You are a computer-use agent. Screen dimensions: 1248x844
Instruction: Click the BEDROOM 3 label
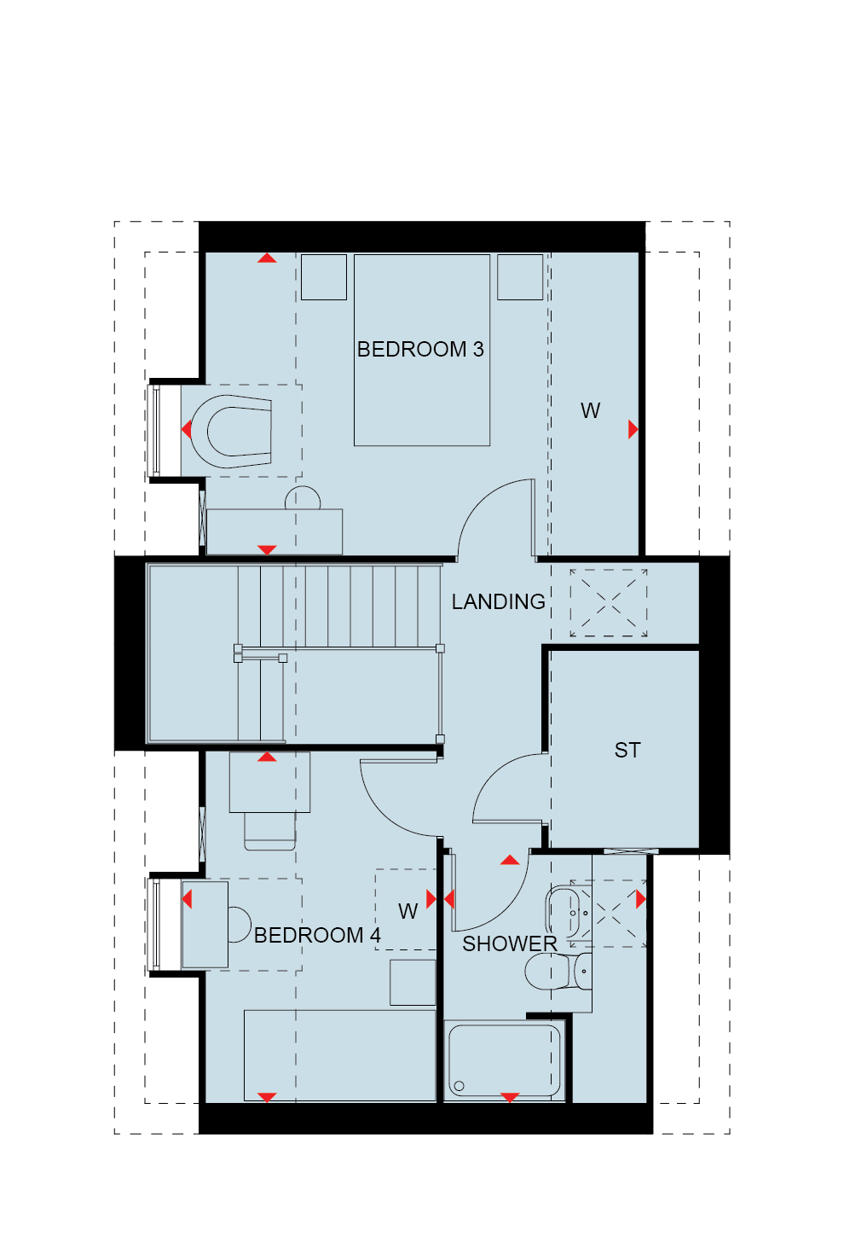point(420,350)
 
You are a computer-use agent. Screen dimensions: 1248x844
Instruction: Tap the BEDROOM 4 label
point(316,936)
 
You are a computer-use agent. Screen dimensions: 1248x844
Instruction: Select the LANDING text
point(498,602)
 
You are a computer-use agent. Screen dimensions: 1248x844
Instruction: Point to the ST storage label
point(627,751)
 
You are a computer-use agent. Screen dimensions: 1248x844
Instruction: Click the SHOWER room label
point(509,944)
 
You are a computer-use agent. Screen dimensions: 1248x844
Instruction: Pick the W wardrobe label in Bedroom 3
point(590,411)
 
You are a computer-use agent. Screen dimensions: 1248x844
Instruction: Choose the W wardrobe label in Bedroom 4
point(408,912)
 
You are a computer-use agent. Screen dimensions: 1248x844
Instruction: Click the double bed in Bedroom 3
point(422,375)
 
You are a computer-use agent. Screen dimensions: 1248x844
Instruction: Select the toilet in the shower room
point(554,972)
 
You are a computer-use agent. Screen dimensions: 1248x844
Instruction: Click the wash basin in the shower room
point(566,913)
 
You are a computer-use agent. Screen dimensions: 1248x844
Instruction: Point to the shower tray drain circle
point(460,1086)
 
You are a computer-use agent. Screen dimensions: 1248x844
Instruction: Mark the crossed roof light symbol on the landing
point(609,603)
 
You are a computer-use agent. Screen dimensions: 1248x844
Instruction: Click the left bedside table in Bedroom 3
point(324,277)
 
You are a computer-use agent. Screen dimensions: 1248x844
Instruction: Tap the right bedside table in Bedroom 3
point(520,277)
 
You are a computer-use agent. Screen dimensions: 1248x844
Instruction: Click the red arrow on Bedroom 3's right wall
point(633,429)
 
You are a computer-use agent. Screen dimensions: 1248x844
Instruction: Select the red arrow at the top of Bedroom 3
point(268,258)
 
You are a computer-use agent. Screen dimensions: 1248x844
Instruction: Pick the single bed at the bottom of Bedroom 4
point(340,1055)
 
